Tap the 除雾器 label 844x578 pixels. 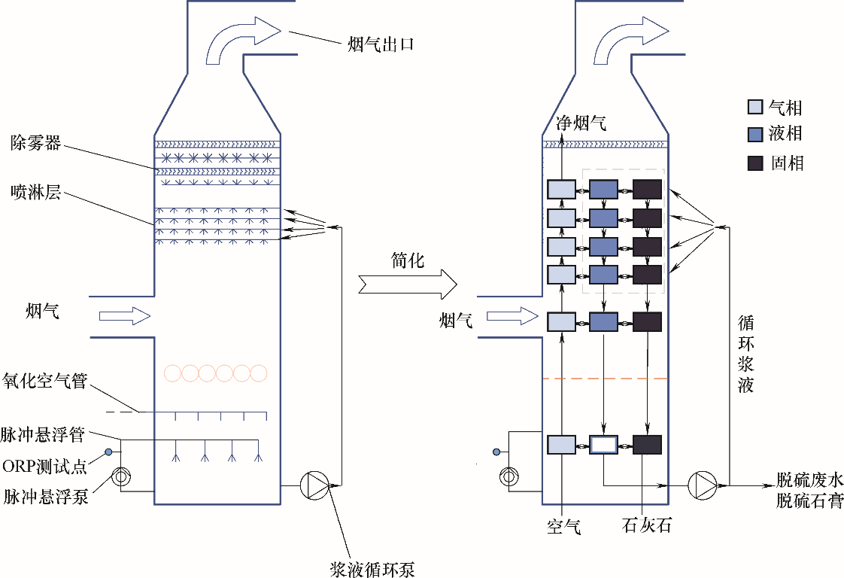(x=35, y=141)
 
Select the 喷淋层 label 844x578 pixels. (x=35, y=194)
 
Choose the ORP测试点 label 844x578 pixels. (x=45, y=467)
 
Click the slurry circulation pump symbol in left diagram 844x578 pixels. (x=315, y=485)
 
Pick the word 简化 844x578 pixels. (x=408, y=260)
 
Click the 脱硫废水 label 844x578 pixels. (x=810, y=479)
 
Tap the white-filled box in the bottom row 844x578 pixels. (x=603, y=444)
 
